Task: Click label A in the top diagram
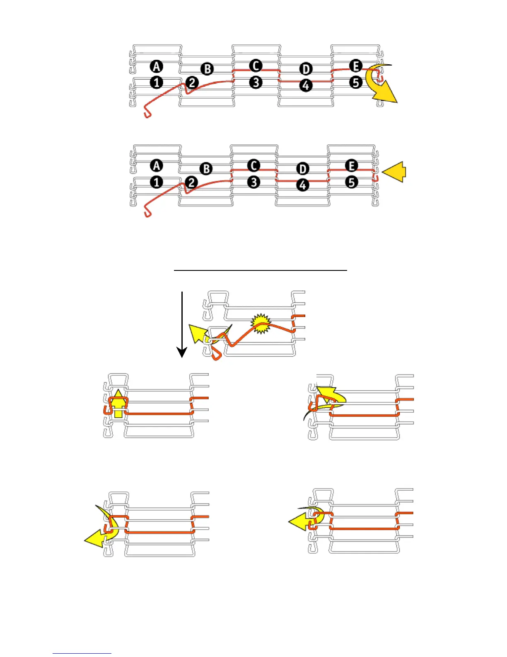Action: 157,66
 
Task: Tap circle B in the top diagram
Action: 207,69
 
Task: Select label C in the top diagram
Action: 256,66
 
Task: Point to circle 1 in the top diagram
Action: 157,83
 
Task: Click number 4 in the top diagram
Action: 306,85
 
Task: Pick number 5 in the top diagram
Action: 356,82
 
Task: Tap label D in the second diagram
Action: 303,169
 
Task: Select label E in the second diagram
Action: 351,166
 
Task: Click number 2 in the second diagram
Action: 191,182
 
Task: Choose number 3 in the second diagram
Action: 254,182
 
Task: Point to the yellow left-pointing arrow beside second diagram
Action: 394,172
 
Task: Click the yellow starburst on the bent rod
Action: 261,324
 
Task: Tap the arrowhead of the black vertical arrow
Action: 182,353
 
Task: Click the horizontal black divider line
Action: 260,270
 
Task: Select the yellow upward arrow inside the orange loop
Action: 118,403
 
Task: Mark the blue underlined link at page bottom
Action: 82,653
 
